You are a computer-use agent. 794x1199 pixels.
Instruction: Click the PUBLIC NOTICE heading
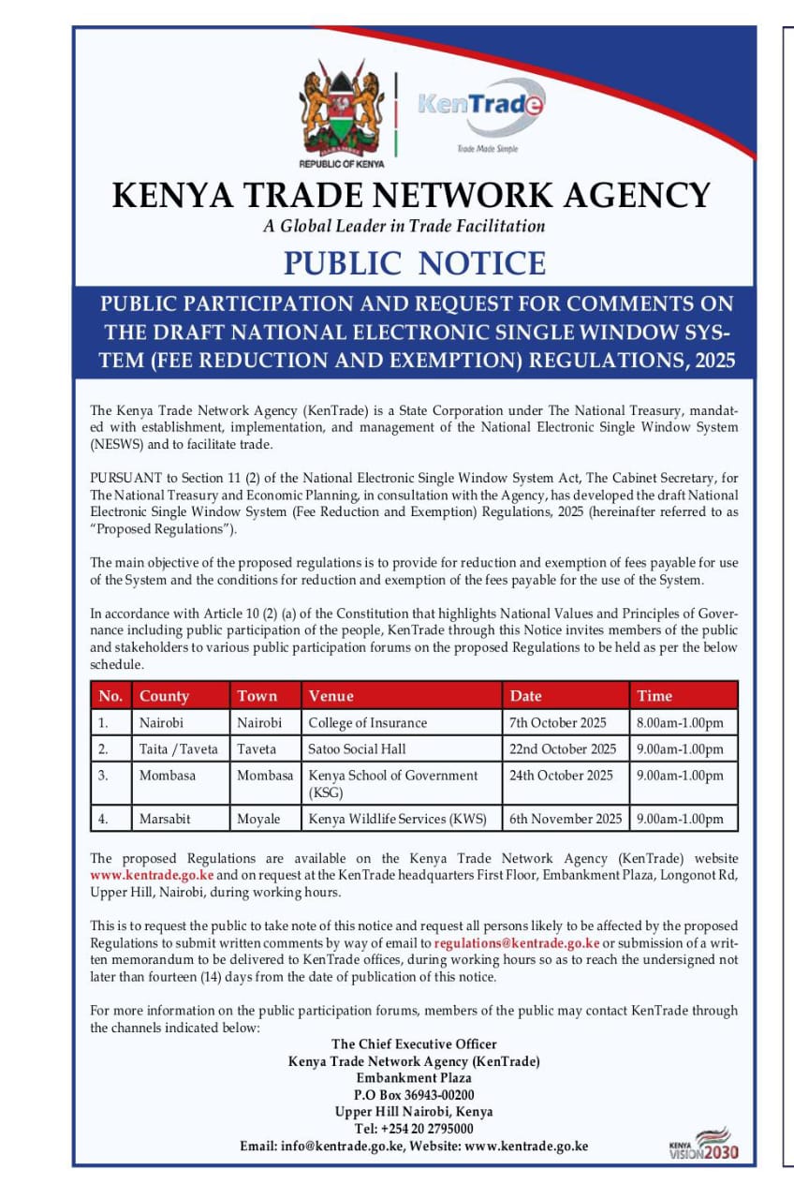point(415,263)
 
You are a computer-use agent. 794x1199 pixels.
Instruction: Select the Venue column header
point(331,696)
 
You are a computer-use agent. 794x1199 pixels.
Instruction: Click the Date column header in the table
point(526,696)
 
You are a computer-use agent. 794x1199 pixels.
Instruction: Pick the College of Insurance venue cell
point(367,722)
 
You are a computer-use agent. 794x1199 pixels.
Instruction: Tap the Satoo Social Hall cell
point(357,748)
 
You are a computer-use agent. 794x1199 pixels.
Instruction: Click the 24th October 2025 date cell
point(561,775)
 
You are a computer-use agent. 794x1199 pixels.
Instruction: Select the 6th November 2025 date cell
point(566,818)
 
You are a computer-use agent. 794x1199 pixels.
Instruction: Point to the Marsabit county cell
point(165,818)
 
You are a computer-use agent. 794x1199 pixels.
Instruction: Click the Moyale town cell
point(258,818)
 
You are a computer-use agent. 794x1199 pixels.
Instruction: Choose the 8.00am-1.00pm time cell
point(680,722)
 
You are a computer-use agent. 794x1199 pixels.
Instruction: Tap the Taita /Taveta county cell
point(178,748)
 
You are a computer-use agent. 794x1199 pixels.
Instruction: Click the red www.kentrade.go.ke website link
point(152,875)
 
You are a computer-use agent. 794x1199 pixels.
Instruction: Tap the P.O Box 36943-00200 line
point(414,1095)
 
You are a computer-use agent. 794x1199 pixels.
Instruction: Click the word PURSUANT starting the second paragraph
point(123,478)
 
